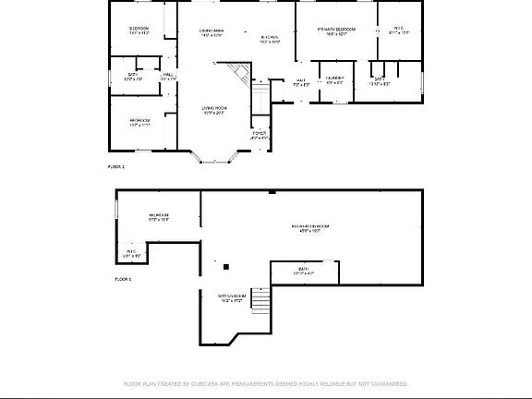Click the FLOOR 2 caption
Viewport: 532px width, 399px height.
pyautogui.click(x=116, y=166)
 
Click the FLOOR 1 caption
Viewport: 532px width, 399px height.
pyautogui.click(x=123, y=278)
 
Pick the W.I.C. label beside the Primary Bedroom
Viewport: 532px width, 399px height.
pyautogui.click(x=399, y=30)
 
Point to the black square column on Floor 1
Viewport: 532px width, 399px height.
pyautogui.click(x=225, y=267)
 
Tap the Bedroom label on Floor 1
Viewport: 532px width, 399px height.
pyautogui.click(x=158, y=218)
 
